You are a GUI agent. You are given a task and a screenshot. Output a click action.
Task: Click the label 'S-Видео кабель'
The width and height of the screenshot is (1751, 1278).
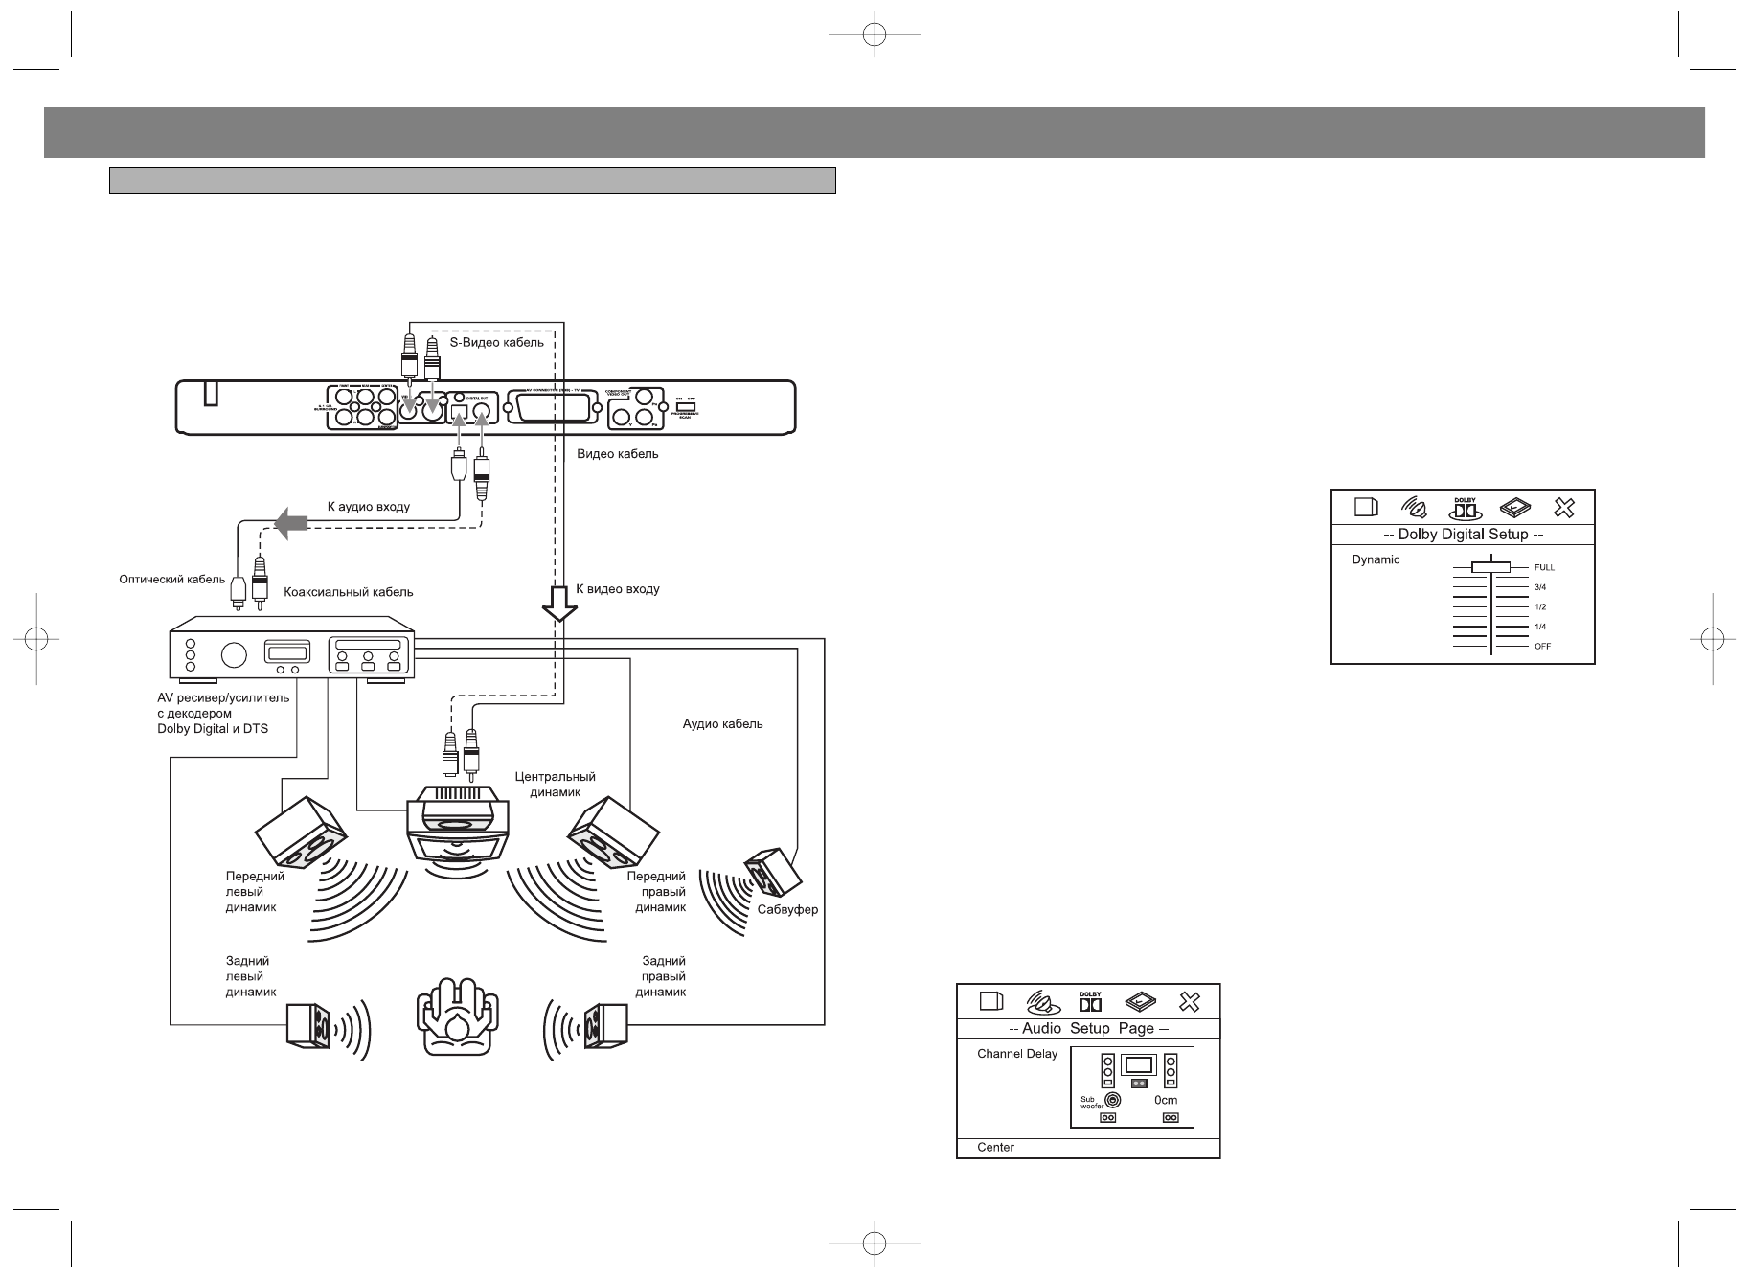tap(496, 342)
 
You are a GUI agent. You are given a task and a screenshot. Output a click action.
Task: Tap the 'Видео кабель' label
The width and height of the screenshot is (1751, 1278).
tap(617, 454)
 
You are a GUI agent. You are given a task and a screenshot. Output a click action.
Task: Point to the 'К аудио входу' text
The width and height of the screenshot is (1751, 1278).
tap(369, 506)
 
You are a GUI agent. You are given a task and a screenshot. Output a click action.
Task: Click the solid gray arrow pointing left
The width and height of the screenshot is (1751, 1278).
tap(290, 522)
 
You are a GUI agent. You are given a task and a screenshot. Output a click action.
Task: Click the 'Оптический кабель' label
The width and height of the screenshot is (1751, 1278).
tap(172, 579)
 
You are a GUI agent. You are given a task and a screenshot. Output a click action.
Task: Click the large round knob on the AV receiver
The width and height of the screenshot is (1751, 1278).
tap(233, 655)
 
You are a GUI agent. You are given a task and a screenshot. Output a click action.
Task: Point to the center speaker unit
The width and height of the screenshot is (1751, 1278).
tap(458, 823)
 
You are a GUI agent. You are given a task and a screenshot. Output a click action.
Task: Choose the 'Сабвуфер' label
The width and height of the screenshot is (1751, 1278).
tap(787, 909)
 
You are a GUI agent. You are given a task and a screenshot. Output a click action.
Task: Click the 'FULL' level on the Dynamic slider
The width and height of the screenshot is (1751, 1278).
tap(1544, 567)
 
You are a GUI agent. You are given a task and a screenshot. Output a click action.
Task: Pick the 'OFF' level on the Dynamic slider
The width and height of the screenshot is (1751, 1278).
tap(1542, 646)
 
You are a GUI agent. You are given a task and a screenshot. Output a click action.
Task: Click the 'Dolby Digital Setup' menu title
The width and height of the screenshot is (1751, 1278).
tap(1463, 535)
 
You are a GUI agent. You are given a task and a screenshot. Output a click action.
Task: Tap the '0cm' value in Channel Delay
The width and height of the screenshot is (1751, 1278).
tap(1166, 1100)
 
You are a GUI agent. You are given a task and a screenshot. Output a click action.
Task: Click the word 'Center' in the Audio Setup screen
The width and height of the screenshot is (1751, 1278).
tap(995, 1147)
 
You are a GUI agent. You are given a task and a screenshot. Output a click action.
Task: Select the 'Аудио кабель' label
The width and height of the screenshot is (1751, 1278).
tap(722, 724)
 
